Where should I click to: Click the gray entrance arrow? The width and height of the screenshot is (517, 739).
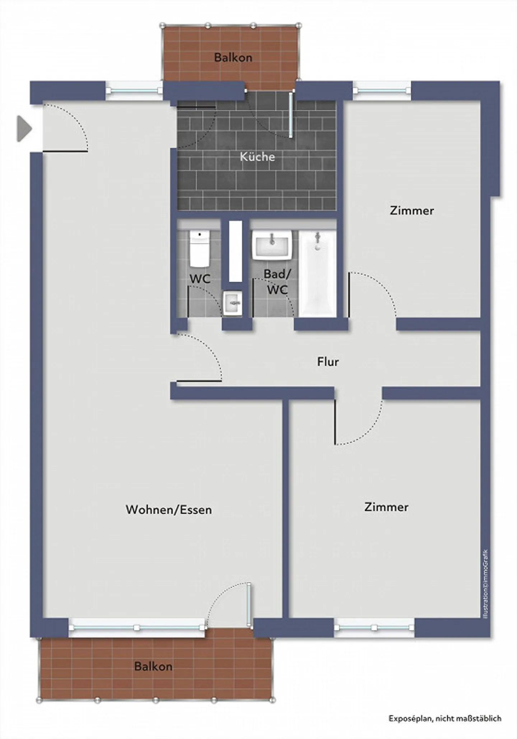pos(24,128)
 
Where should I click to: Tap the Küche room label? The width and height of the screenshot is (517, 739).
pos(257,157)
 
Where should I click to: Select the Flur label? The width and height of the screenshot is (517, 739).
pos(328,361)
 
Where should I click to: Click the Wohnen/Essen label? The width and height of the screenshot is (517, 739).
pos(169,509)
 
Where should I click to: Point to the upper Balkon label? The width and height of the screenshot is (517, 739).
pos(233,57)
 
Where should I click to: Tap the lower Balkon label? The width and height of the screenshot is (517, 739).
pos(153,666)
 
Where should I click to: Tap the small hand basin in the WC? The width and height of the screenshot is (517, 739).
pos(232,304)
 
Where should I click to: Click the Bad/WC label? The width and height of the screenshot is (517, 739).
pos(277,281)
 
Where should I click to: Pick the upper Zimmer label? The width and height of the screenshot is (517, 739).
pos(412,211)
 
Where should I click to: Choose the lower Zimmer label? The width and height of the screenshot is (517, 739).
pos(386,507)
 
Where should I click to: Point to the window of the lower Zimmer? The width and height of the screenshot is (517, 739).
pos(374,628)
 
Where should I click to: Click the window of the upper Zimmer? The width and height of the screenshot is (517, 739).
pos(382,90)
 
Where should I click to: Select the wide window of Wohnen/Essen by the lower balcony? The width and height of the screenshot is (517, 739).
pos(137,628)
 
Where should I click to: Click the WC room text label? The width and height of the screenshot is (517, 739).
pos(200,278)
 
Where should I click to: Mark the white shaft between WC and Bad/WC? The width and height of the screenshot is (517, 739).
pos(236,251)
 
